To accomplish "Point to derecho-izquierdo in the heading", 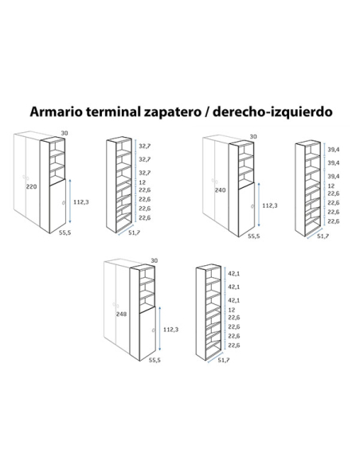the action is point(272,112).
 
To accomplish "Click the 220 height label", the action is point(31,186).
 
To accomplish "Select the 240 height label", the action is point(220,190).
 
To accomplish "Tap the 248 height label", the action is point(121,314).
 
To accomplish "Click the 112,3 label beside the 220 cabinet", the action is point(81,202).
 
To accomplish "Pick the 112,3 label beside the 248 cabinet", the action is point(170,329).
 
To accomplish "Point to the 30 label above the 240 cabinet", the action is point(253,136).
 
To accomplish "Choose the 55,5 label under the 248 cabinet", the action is point(155,360).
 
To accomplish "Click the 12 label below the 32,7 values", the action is point(142,182).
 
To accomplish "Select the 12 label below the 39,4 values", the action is point(331,186).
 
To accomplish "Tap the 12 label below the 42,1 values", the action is point(232,310).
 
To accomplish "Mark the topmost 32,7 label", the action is point(145,146).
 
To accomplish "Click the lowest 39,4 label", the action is point(334,176).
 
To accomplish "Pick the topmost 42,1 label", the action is point(234,273).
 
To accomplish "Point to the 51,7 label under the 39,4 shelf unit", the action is point(323,236).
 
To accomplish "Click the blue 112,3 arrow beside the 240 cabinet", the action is point(259,205).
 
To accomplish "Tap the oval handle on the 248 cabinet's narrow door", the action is point(153,330).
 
